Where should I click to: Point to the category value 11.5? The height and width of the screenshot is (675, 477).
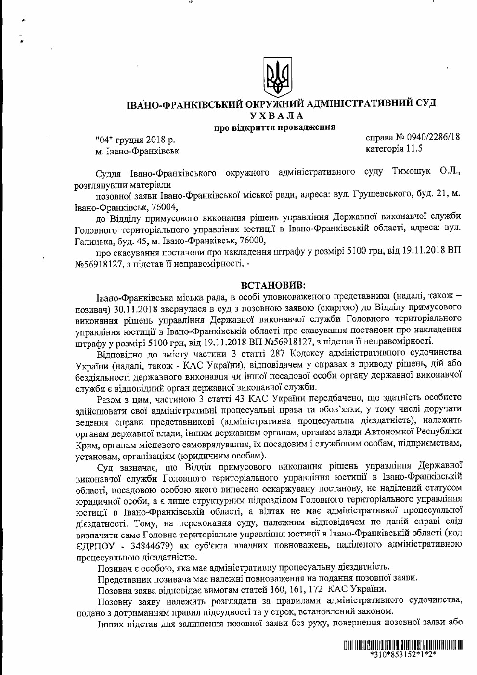[413, 148]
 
